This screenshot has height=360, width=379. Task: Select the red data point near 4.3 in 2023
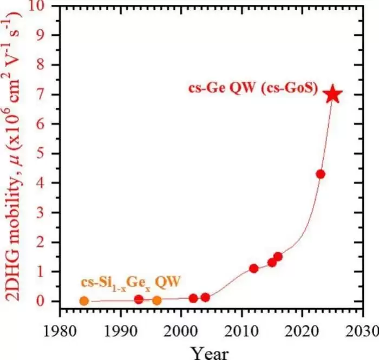point(321,174)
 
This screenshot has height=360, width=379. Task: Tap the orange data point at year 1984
point(84,301)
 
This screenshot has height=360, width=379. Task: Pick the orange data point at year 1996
point(156,300)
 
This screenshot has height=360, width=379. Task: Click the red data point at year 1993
point(139,299)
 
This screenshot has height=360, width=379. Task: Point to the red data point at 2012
point(253,269)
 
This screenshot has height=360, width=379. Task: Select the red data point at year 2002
point(193,298)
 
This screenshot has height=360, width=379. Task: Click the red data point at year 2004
point(205,297)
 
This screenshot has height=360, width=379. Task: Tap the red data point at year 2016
point(278,257)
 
